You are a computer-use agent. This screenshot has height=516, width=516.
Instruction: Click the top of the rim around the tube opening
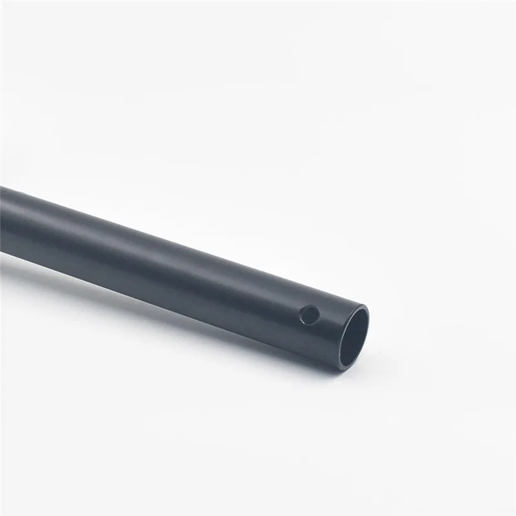pyautogui.click(x=359, y=307)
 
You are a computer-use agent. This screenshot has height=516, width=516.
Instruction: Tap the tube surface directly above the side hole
pyautogui.click(x=313, y=297)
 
